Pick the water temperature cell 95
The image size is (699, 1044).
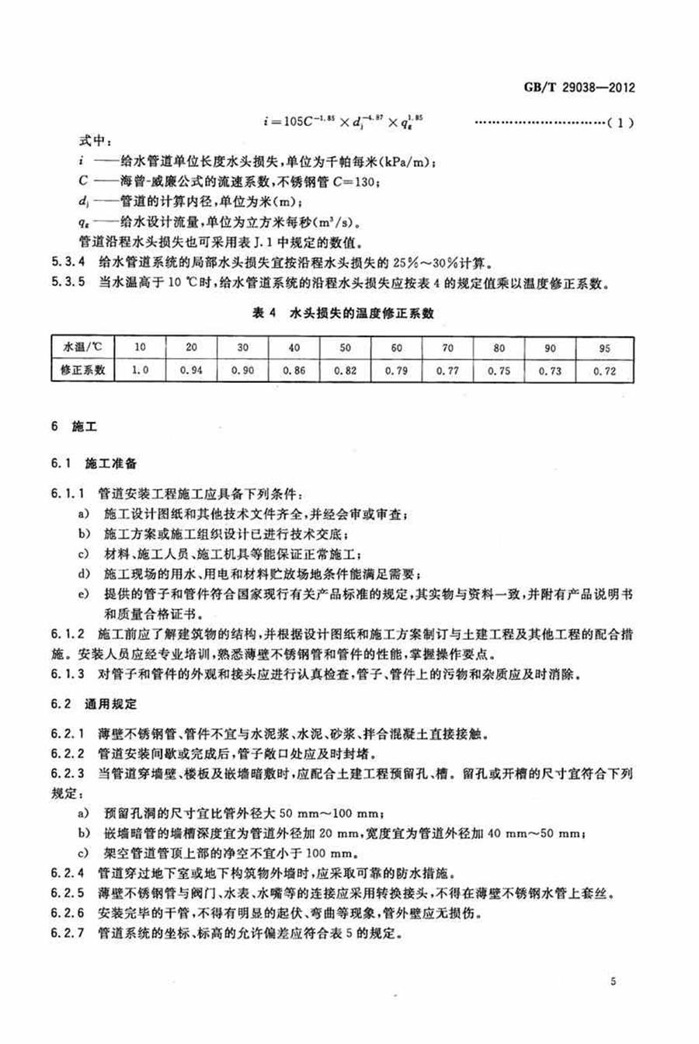604,348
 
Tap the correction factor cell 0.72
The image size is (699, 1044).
604,371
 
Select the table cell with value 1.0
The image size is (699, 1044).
140,371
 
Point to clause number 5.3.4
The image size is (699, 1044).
68,259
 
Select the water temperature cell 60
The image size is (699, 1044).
397,348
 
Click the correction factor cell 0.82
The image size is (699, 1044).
345,371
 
